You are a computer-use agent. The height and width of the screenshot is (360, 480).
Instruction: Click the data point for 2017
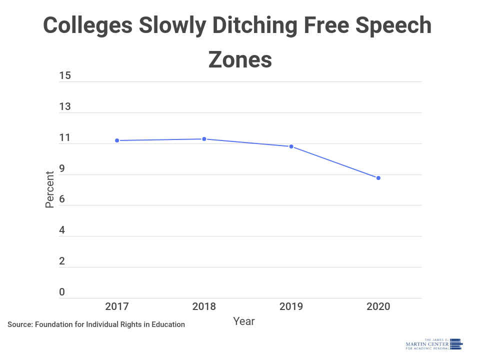(x=117, y=140)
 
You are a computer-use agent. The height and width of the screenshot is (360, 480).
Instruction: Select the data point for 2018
(x=204, y=139)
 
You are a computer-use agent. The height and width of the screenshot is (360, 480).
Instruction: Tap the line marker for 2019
(x=291, y=146)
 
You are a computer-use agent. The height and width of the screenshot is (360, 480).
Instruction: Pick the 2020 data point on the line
(x=378, y=178)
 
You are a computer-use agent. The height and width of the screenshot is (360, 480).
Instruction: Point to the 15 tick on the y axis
(x=65, y=76)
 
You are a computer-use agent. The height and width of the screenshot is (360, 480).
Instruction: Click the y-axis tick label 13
(x=65, y=107)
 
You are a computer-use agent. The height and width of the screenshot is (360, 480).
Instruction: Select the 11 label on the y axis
(x=65, y=138)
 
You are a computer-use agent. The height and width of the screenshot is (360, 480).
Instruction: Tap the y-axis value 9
(x=62, y=169)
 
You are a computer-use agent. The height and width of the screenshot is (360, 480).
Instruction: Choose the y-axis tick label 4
(x=62, y=230)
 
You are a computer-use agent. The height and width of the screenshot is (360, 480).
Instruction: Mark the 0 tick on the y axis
(x=62, y=292)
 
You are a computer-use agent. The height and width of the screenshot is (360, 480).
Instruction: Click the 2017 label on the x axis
(x=117, y=306)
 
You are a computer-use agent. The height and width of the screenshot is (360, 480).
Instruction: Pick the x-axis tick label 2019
(x=291, y=306)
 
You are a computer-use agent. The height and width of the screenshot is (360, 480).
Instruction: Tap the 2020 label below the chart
(x=378, y=306)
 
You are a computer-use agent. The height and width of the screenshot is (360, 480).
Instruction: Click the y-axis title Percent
(x=50, y=189)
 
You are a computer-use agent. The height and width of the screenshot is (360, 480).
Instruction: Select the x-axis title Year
(x=244, y=321)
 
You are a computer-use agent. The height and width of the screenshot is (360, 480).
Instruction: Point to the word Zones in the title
(x=240, y=59)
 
